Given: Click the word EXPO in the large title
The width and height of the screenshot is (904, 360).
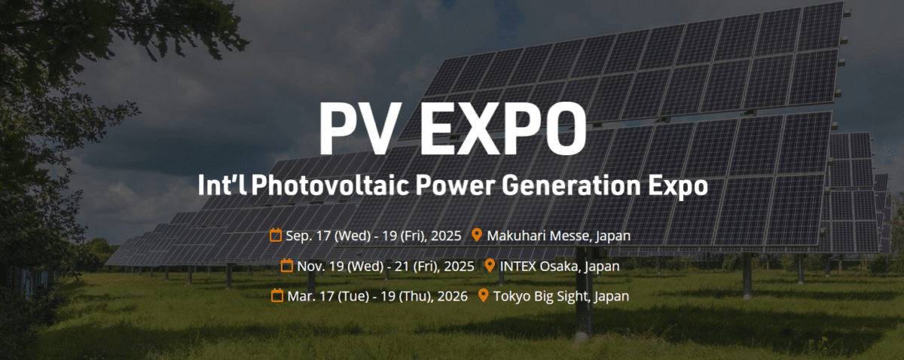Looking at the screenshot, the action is pos(503,127).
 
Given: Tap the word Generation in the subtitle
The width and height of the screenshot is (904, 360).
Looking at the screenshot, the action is pos(571,185).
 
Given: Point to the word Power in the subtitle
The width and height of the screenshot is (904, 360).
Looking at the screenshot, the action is pos(456,185).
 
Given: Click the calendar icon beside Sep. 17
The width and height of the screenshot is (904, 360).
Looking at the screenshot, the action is pos(276,235).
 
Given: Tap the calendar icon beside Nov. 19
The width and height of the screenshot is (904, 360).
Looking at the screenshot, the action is pos(286,265).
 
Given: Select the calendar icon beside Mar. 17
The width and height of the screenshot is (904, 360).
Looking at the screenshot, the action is pos(277,295).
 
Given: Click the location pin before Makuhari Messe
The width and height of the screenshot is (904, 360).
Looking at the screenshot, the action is pos(477,234).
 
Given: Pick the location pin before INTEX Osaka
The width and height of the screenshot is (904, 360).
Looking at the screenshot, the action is pos(490,265).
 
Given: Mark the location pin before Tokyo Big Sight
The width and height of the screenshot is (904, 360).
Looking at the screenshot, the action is pos(483,295).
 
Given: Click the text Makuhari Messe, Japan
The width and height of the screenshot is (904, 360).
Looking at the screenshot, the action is pos(558,236).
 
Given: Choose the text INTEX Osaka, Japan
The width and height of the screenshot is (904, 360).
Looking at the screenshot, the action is pos(560,267).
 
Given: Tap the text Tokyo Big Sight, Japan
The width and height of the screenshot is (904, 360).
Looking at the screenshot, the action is pos(561,297).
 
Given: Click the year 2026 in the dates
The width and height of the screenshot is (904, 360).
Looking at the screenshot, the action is pos(453,297).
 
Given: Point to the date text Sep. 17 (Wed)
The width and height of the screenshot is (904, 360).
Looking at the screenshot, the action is pos(328,236).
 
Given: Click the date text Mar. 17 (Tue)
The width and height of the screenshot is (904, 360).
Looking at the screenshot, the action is pos(328,297).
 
